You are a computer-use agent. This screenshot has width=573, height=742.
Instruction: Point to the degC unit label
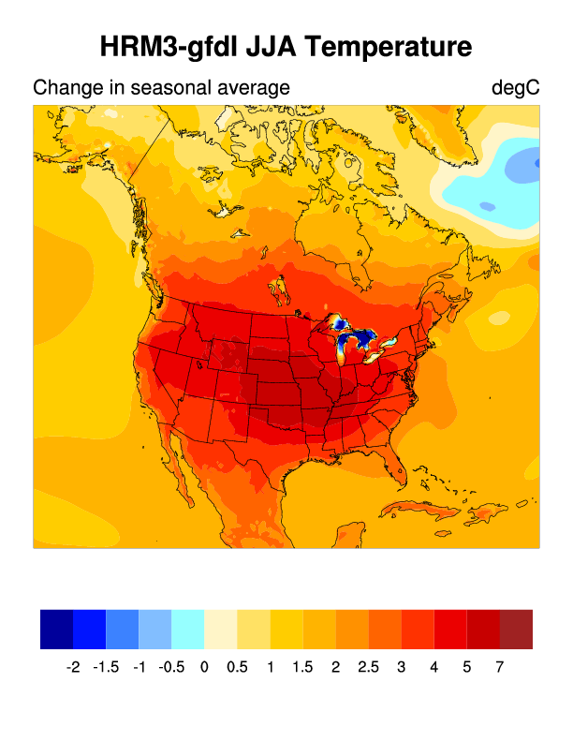pyautogui.click(x=515, y=89)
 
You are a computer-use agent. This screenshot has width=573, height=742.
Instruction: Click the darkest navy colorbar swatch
pyautogui.click(x=56, y=629)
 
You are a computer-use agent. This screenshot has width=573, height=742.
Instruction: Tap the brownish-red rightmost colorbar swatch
pyautogui.click(x=516, y=629)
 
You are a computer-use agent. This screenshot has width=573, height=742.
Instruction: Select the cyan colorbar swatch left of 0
pyautogui.click(x=188, y=629)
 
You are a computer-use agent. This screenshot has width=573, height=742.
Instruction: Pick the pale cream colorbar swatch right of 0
pyautogui.click(x=221, y=629)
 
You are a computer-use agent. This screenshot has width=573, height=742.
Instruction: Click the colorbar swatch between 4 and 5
pyautogui.click(x=450, y=629)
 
